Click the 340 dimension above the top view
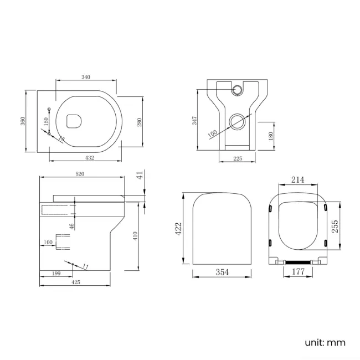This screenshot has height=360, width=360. point(85,77)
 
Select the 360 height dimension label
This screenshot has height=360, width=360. point(23,120)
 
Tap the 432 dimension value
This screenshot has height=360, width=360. point(89,158)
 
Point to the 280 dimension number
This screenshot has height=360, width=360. point(140,121)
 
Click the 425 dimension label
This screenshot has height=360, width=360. point(76,282)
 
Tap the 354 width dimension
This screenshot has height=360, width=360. point(221,272)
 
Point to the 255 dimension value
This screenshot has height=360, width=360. point(335,227)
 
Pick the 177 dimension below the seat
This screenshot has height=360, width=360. point(298,271)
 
